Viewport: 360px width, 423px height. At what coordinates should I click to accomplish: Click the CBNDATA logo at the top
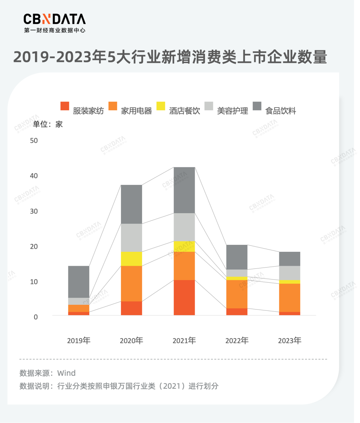[x=54, y=23]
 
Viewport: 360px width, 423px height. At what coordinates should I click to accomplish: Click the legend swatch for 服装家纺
[x=65, y=106]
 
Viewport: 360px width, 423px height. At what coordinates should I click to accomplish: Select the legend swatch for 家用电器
[x=113, y=106]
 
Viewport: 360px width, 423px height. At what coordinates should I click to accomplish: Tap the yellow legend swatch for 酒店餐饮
[x=161, y=106]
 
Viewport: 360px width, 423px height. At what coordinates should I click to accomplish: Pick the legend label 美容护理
[x=232, y=111]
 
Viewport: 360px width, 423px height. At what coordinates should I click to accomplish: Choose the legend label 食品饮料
[x=280, y=111]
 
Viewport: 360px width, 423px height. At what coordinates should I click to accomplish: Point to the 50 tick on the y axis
[x=34, y=141]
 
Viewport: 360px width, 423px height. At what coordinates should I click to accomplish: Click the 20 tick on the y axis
[x=34, y=246]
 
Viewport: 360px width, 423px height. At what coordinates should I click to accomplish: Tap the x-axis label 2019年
[x=79, y=341]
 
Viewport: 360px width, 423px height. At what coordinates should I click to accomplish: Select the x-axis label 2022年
[x=237, y=341]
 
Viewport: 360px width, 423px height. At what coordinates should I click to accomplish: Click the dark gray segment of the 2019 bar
[x=79, y=282]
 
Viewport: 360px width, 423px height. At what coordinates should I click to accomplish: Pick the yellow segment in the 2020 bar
[x=131, y=259]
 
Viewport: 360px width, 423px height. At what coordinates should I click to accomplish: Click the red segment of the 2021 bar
[x=184, y=297]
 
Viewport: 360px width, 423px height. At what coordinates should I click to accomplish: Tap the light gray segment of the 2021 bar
[x=184, y=227]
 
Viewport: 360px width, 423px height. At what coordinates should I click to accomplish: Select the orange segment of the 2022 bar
[x=237, y=294]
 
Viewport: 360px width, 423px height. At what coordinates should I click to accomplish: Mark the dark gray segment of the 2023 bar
[x=289, y=259]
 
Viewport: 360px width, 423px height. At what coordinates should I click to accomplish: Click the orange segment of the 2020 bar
[x=131, y=283]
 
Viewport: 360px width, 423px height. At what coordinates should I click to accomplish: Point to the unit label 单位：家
[x=48, y=125]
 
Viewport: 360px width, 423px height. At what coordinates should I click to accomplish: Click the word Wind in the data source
[x=66, y=373]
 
